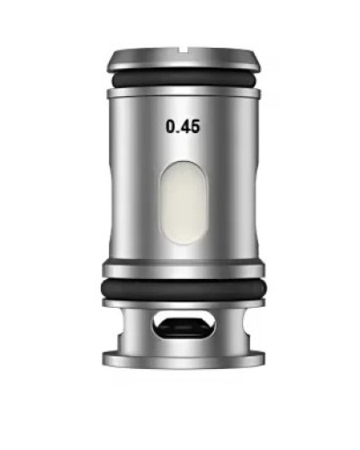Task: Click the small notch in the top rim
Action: [x=183, y=49]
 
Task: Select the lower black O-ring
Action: [x=184, y=289]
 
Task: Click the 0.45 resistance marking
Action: [x=183, y=126]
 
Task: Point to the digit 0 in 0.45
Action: [x=171, y=126]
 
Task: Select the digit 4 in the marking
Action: [x=186, y=126]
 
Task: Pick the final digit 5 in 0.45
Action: [x=195, y=126]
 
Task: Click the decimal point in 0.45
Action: [x=179, y=131]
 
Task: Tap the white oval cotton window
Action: [x=184, y=202]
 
